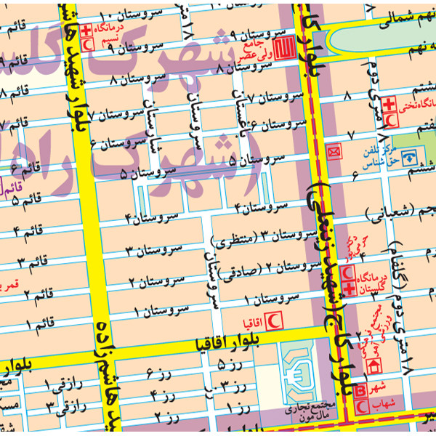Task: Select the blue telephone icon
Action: (x=411, y=156)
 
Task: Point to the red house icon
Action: (x=376, y=366)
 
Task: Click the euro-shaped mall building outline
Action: (x=301, y=371)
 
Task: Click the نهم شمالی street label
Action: (x=393, y=16)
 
